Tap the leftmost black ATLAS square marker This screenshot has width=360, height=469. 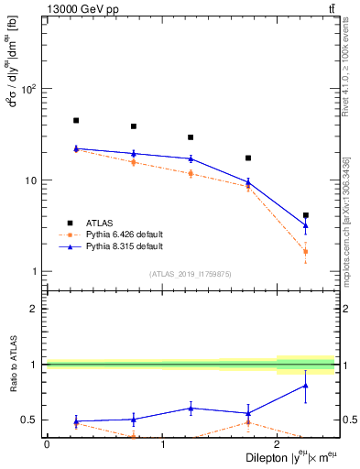pos(76,120)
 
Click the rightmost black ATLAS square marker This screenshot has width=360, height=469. pos(306,215)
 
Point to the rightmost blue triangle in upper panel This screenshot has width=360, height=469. pos(306,224)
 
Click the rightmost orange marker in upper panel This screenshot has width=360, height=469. pos(306,251)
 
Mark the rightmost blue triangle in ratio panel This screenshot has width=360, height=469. pos(306,386)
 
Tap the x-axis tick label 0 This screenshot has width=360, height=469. pos(47,444)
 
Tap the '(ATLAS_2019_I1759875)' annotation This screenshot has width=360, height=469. pos(191,274)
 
